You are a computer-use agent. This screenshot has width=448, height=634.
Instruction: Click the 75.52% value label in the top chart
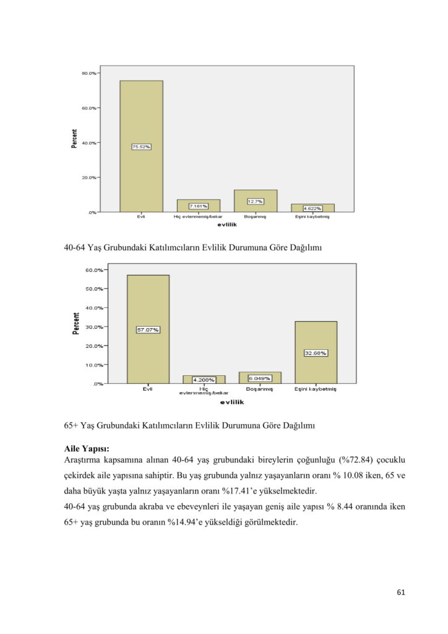click(x=141, y=147)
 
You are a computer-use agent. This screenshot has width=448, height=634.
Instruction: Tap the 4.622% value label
click(x=312, y=209)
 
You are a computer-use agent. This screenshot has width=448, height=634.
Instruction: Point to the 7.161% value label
click(x=199, y=206)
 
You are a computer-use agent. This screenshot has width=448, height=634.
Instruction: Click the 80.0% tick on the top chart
click(x=89, y=73)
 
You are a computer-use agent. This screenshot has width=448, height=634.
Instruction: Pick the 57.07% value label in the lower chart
click(x=148, y=330)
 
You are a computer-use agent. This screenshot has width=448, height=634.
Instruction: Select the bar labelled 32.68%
click(x=316, y=352)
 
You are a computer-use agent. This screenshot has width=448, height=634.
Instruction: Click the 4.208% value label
click(x=204, y=379)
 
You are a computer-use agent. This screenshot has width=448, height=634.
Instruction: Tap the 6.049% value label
click(x=259, y=378)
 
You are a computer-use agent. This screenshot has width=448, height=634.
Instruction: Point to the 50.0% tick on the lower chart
click(x=94, y=289)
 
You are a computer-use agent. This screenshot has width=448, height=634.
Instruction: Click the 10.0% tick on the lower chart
click(x=94, y=365)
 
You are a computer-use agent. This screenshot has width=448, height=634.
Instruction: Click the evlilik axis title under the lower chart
click(x=232, y=402)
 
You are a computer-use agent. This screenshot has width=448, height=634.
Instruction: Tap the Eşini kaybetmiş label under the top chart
click(x=312, y=217)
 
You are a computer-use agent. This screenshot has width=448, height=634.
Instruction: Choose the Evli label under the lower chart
click(x=148, y=389)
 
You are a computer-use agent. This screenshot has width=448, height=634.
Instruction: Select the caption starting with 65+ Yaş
click(x=190, y=425)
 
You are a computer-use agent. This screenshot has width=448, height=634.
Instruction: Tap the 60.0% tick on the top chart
click(x=89, y=108)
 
